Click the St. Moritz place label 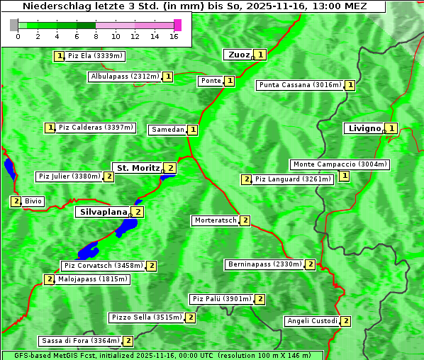[138, 168]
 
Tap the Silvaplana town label [103, 211]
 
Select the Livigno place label [364, 128]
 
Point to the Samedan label [167, 130]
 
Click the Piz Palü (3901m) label [221, 299]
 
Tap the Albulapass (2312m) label [125, 77]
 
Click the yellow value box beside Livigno [391, 128]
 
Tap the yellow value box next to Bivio [16, 201]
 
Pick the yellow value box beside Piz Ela [60, 55]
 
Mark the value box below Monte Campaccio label [344, 176]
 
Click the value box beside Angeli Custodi [345, 321]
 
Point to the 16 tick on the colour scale [174, 36]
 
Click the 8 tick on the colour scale [96, 36]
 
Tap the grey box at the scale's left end [14, 25]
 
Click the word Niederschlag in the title [50, 6]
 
